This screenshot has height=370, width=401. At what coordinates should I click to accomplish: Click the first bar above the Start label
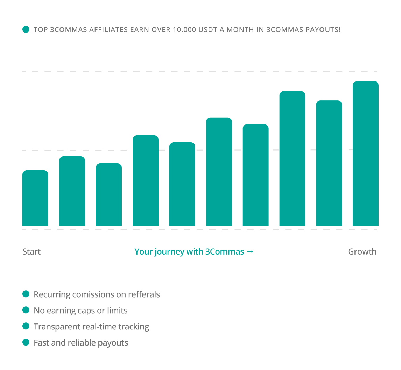35,198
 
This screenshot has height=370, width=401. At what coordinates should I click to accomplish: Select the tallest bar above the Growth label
365,154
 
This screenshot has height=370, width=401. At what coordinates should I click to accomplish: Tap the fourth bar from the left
146,180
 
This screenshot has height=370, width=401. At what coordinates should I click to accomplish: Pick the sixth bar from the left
219,172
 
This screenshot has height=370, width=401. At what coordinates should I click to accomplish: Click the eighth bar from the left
292,158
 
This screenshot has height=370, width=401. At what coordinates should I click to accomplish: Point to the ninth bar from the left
329,163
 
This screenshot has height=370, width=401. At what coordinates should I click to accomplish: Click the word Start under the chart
31,252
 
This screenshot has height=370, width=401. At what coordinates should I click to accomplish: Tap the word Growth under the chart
362,252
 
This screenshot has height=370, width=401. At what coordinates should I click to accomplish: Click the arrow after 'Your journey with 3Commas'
250,252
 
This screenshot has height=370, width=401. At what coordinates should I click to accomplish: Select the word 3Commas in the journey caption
224,252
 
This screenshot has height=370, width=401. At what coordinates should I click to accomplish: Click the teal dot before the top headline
26,29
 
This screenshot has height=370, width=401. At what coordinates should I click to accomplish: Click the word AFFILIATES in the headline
108,30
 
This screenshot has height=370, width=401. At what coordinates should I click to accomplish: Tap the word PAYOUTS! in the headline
323,30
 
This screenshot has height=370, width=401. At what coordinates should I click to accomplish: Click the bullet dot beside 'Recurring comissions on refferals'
26,294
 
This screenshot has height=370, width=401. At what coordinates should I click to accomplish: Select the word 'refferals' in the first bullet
144,295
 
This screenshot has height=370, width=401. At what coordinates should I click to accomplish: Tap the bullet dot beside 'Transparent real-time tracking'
26,326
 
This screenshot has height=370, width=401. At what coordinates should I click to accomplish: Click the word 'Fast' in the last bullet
41,343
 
